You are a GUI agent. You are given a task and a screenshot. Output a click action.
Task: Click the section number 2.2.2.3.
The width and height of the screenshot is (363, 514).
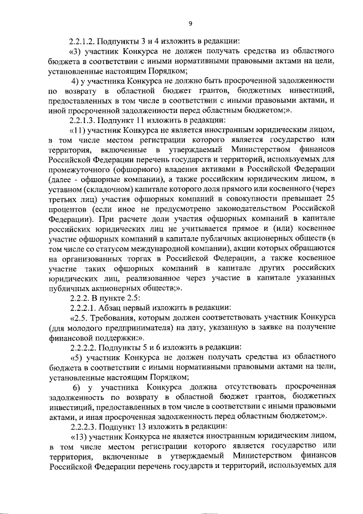pos(83,425)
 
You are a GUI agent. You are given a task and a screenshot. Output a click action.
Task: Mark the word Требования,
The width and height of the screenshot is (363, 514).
pos(113,318)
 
